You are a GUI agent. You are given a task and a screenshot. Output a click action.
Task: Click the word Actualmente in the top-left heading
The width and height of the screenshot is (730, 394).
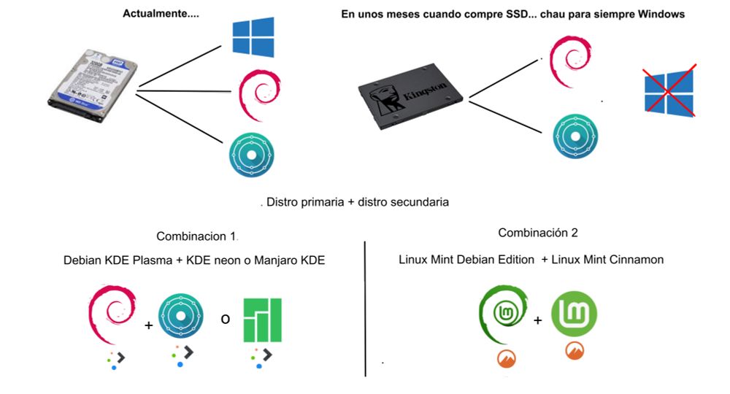150,14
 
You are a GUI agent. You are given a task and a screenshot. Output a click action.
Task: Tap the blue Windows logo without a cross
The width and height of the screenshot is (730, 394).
253,38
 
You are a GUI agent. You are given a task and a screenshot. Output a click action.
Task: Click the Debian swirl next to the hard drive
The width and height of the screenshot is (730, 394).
255,94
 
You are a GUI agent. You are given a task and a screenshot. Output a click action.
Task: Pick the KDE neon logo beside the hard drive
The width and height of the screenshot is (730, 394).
252,156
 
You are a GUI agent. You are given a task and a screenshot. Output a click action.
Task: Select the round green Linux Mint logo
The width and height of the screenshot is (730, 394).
574,314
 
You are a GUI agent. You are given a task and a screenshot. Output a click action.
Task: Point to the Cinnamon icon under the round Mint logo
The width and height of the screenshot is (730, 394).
574,351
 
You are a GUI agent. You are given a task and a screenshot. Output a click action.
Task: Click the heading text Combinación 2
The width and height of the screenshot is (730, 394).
538,233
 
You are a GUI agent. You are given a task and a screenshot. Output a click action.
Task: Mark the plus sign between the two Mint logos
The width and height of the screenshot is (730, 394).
538,319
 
